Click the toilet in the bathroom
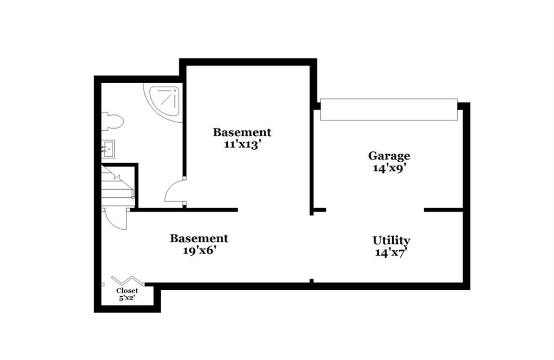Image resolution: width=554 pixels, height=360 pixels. (x=113, y=122)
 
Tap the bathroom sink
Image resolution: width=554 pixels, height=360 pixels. (x=108, y=149)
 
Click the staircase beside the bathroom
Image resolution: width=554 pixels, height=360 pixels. (x=118, y=186)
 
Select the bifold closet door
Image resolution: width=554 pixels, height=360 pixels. (x=127, y=280)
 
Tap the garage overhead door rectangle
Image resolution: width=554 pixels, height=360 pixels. (x=388, y=110)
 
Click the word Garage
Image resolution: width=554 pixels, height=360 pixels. (x=389, y=156)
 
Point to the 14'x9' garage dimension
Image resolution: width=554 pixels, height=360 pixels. (x=388, y=168)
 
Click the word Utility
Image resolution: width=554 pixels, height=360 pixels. (x=391, y=241)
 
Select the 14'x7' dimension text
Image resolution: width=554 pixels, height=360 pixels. (x=389, y=253)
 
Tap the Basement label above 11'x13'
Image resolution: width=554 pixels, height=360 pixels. (x=242, y=132)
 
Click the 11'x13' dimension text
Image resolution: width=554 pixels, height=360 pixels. (x=242, y=145)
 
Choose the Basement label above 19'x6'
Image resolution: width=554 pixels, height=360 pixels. (x=199, y=238)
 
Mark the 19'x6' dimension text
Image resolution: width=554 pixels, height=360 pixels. (x=199, y=251)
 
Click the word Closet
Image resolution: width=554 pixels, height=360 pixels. (x=127, y=291)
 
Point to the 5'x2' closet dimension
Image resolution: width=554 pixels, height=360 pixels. (x=127, y=298)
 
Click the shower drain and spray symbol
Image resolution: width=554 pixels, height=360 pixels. (x=167, y=97)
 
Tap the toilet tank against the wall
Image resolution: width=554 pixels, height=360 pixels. (x=104, y=122)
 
